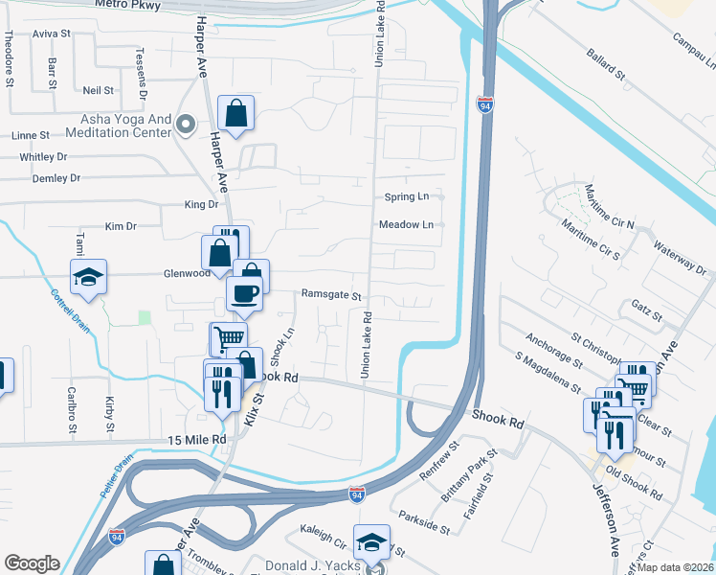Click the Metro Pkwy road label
coord(128,5)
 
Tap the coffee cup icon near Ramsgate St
coord(243,293)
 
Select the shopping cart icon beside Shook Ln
coord(228,338)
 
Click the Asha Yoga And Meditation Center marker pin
coord(186,123)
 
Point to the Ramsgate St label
coord(331,296)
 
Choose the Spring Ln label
coord(407,196)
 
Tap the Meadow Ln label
coord(407,225)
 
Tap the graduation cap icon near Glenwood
coord(89,278)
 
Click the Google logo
coord(32,563)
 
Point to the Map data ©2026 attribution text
coord(675,567)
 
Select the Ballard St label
coord(605,62)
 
